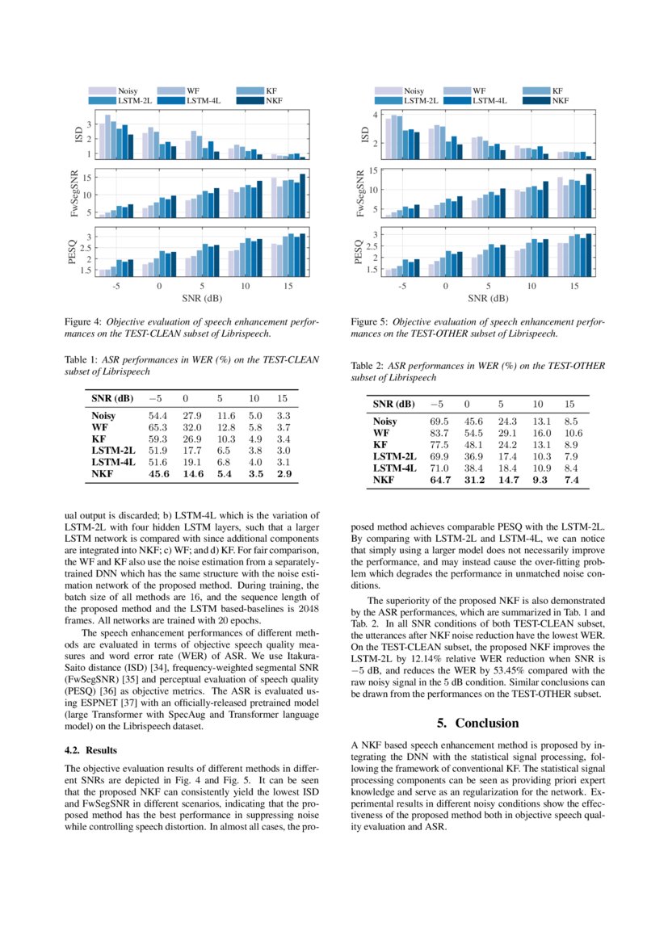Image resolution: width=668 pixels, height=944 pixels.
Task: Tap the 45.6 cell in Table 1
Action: pos(158,474)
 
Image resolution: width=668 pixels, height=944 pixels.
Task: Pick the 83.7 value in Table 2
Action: pos(439,433)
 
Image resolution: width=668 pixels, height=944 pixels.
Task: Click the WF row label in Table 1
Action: pos(99,426)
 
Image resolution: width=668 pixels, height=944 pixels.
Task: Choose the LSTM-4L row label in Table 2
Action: pos(395,468)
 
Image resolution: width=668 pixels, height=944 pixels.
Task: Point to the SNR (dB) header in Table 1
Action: pos(112,398)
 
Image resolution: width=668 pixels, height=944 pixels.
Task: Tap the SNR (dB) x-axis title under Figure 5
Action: pos(488,298)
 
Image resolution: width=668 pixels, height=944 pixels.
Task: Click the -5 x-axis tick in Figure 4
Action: pos(116,286)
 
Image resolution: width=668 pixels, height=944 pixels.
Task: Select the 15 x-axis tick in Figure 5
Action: pos(573,286)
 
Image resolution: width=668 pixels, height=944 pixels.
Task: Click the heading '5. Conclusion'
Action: pos(478,723)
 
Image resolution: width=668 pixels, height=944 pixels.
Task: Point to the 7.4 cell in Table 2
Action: pos(572,480)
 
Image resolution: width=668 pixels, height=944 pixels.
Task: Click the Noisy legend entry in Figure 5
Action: pos(414,91)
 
